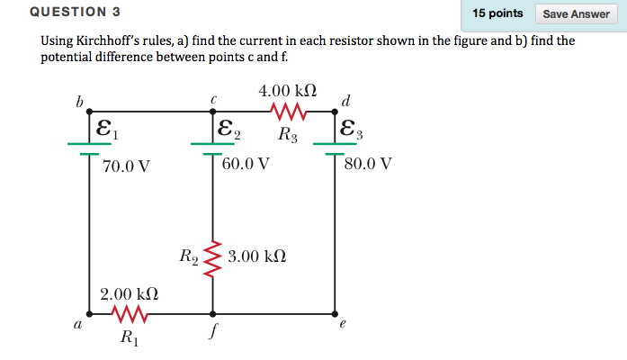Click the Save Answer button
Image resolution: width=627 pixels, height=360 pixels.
coord(576,13)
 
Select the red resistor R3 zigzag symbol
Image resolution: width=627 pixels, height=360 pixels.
coord(289,112)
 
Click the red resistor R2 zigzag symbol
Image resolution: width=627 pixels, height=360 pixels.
coord(213,258)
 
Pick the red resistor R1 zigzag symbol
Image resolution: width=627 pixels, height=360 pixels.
coord(130,315)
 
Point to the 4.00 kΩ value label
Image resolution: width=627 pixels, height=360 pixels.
coord(287,91)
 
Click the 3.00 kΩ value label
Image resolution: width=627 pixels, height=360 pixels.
coord(257,256)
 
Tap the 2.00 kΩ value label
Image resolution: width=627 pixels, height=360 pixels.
coord(130,293)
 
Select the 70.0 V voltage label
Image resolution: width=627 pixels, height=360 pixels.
coord(126,166)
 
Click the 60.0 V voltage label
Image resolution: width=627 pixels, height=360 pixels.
coord(246,164)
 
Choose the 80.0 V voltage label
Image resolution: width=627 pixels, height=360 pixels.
coord(367,164)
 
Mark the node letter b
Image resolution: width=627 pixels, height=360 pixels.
coord(79,103)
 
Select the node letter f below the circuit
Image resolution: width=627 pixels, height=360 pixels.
coord(212,331)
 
